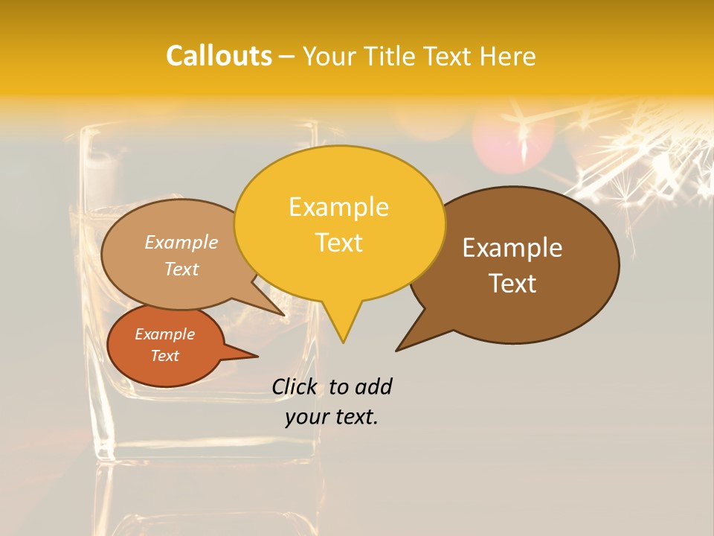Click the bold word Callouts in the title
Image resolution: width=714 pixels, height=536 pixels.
(x=219, y=56)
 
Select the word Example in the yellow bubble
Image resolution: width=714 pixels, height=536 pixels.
(x=338, y=207)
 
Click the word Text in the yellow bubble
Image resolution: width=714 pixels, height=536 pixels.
(x=338, y=243)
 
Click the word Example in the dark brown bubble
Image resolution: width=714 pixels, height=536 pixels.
(x=512, y=248)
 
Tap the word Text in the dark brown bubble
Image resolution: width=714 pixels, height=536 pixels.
(x=512, y=284)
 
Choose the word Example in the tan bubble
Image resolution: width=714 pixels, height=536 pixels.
(x=181, y=242)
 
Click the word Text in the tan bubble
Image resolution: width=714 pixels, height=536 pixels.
(x=181, y=269)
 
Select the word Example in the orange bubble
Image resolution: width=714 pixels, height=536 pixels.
(x=164, y=334)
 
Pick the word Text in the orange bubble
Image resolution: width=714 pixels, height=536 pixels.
(x=164, y=356)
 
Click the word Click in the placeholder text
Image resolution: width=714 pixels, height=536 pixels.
(x=294, y=386)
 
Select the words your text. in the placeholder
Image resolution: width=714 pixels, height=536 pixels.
(x=332, y=417)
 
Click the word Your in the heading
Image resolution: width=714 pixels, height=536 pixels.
(x=329, y=56)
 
